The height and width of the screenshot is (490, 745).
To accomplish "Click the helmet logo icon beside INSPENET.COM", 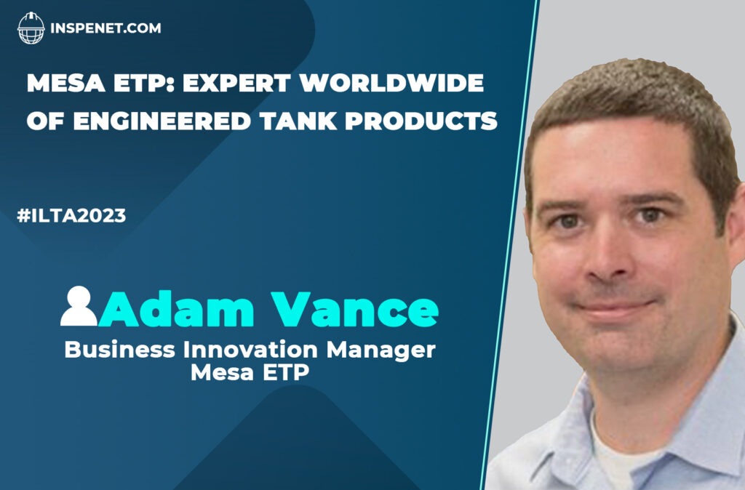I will click(x=31, y=28).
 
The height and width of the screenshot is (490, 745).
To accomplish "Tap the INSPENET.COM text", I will click(x=105, y=29).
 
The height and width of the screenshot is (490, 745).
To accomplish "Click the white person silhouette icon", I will click(x=78, y=306).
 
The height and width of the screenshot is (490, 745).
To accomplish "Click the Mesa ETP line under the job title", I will click(x=250, y=373).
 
